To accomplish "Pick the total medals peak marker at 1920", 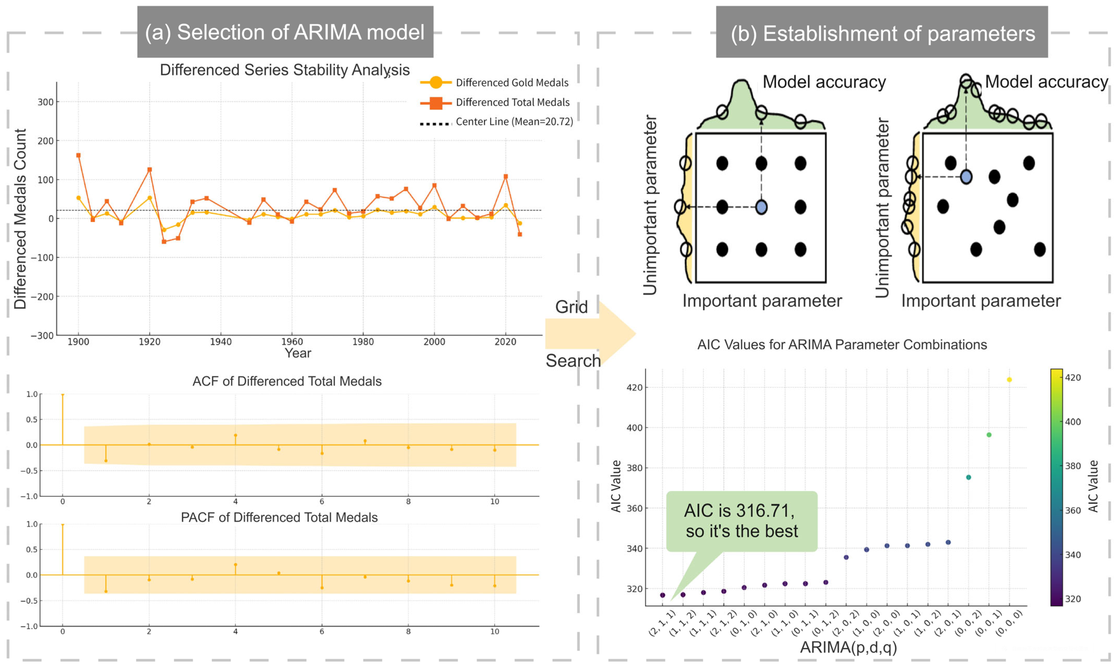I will click(150, 169).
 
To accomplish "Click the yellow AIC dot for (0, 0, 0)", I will click(1009, 380).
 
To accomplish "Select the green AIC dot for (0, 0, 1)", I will click(989, 435).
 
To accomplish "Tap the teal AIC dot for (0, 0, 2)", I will click(968, 477).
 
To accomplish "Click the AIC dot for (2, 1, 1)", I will click(662, 595).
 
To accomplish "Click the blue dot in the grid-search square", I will click(761, 207).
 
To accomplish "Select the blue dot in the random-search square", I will click(966, 177).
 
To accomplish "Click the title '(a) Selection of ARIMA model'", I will click(285, 32).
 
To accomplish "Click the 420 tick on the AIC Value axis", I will click(634, 387).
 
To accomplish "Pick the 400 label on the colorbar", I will click(1073, 422).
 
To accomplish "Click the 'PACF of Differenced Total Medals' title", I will click(279, 517).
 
